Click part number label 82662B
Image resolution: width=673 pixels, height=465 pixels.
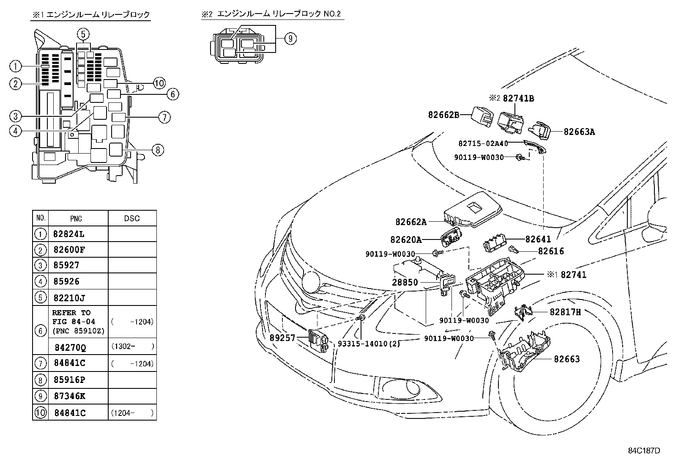[x=443, y=114]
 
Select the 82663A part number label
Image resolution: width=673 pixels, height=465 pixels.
[x=579, y=132]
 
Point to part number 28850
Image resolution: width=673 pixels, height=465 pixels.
[x=405, y=282]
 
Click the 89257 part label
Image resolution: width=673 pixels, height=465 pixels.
[x=282, y=338]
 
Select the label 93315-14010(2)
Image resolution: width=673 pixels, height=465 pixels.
[x=369, y=344]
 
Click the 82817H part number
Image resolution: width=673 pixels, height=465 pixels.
[x=565, y=312]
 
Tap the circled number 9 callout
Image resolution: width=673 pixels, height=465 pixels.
[x=290, y=39]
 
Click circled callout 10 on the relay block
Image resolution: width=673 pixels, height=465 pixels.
[x=159, y=83]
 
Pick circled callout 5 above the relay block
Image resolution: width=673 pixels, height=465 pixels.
[x=84, y=34]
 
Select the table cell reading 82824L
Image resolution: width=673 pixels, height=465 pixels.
[x=69, y=234]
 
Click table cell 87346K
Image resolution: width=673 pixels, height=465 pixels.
[x=69, y=396]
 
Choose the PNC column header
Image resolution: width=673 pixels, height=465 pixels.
[x=76, y=218]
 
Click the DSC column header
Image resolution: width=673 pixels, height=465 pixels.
[x=132, y=218]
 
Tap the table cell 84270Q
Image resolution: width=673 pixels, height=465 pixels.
[x=70, y=347]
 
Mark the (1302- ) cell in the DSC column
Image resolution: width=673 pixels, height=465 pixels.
[x=132, y=346]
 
